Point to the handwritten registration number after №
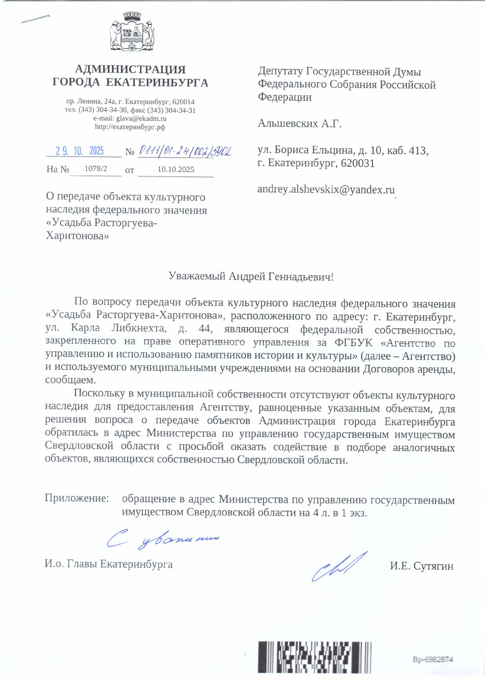click(x=185, y=152)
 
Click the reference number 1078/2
click(x=95, y=169)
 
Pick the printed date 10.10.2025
click(x=176, y=170)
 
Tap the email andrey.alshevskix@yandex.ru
click(x=327, y=190)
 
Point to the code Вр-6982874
click(x=432, y=659)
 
